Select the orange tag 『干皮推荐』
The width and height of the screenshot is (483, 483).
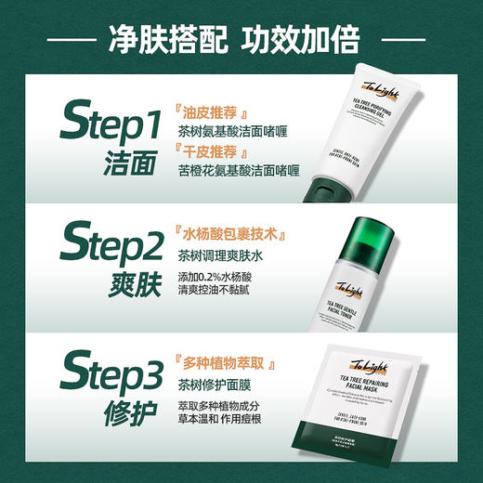coord(211,151)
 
